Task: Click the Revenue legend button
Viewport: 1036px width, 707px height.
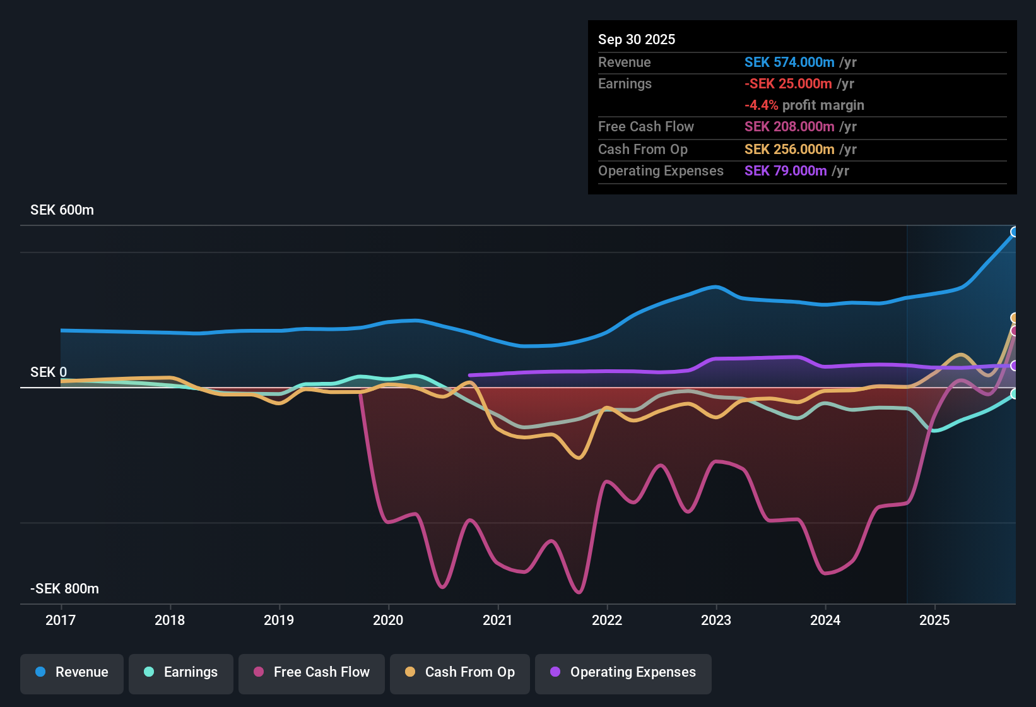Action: pyautogui.click(x=72, y=672)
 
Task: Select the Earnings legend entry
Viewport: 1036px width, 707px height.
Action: pyautogui.click(x=181, y=672)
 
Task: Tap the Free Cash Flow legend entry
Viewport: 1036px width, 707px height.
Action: pyautogui.click(x=312, y=672)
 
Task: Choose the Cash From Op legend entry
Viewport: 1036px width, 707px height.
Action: pyautogui.click(x=460, y=672)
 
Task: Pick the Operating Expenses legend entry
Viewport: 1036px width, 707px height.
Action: pyautogui.click(x=623, y=672)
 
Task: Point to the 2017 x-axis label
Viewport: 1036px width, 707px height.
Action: pyautogui.click(x=61, y=620)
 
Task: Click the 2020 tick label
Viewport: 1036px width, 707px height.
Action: pyautogui.click(x=388, y=620)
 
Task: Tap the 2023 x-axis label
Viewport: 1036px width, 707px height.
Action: pyautogui.click(x=716, y=620)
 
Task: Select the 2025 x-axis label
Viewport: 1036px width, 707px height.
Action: pyautogui.click(x=934, y=620)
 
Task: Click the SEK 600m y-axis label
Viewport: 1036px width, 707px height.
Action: pyautogui.click(x=62, y=210)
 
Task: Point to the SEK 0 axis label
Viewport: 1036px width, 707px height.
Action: pyautogui.click(x=49, y=372)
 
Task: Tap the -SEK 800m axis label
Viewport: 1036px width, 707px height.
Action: pyautogui.click(x=64, y=589)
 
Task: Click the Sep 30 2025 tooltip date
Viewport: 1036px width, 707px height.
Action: pyautogui.click(x=637, y=40)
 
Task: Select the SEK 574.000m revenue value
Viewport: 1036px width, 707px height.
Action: pyautogui.click(x=789, y=62)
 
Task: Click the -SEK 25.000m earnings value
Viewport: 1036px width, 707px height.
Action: pyautogui.click(x=788, y=84)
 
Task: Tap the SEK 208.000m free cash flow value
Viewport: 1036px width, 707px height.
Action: pyautogui.click(x=789, y=127)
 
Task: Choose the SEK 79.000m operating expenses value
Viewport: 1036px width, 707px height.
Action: pyautogui.click(x=786, y=171)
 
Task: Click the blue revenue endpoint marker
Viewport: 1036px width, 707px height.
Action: pyautogui.click(x=1014, y=232)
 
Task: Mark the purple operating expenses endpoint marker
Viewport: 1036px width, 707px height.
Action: pyautogui.click(x=1014, y=365)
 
